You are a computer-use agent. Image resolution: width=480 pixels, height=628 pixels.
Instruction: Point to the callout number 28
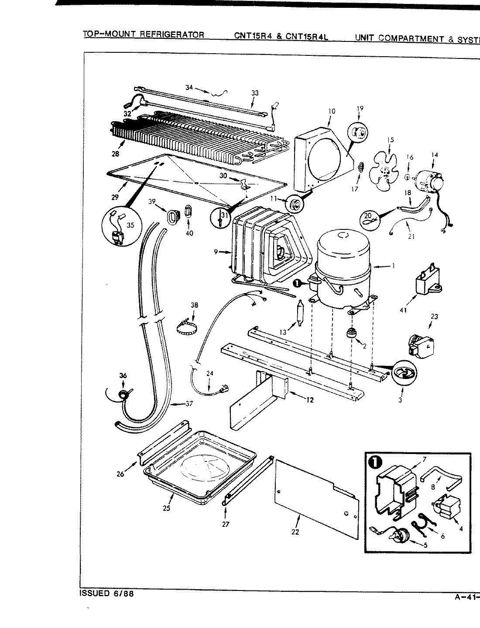coord(114,154)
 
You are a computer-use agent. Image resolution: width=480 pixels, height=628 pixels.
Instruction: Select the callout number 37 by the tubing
coord(189,404)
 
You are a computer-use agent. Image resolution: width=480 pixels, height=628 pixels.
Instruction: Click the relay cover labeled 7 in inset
coord(394,488)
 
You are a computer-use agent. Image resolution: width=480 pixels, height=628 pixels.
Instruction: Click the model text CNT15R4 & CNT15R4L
coord(281,37)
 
